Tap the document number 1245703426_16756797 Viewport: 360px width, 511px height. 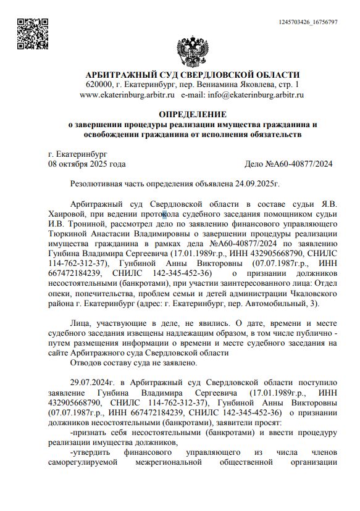pos(308,22)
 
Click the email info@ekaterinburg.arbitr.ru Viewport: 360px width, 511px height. pos(256,95)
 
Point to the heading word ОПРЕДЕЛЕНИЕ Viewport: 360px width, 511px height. pos(192,114)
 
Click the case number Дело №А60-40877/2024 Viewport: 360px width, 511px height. pos(289,164)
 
